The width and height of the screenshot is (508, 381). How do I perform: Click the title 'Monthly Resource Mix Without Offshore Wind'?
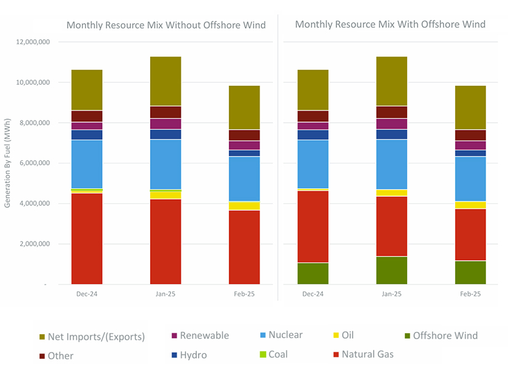(166, 25)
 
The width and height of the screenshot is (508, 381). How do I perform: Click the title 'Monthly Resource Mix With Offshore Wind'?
(390, 25)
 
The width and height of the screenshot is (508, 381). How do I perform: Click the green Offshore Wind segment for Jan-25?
(392, 270)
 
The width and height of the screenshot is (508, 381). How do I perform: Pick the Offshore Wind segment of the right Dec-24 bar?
(313, 273)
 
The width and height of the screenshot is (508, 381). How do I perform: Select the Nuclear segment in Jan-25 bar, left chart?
(165, 164)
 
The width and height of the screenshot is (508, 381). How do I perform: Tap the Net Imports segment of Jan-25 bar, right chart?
(392, 81)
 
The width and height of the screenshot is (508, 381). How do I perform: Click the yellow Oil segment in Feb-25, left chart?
(244, 206)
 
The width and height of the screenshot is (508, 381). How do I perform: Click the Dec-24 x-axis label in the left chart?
(87, 294)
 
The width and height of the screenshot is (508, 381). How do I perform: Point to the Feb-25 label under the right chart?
(470, 294)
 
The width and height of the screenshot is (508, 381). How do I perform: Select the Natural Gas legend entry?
(367, 354)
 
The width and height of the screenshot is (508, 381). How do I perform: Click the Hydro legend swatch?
(174, 355)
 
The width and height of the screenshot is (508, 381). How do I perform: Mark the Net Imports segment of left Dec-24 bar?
(87, 90)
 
